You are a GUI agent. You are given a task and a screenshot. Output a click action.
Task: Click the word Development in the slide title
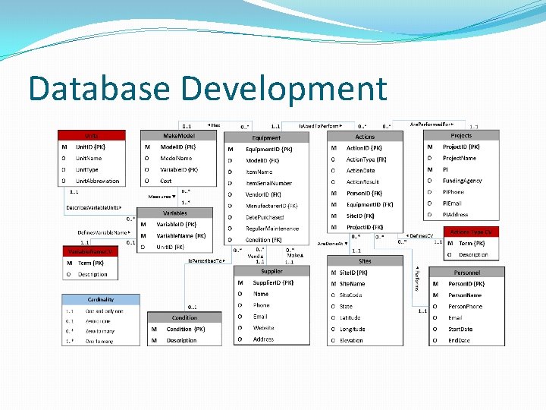[x=293, y=88]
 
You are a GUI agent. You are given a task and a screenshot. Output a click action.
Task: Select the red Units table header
[x=90, y=136]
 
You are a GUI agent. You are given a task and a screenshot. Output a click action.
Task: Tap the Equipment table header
[x=266, y=137]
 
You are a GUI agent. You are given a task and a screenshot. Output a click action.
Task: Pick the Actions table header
[x=365, y=137]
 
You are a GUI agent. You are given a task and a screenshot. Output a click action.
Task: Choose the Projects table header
[x=460, y=135]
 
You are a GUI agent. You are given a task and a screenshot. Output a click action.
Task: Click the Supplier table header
[x=271, y=271]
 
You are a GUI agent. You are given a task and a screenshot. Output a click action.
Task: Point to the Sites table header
[x=365, y=260]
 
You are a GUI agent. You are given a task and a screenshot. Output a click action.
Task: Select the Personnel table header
[x=467, y=272]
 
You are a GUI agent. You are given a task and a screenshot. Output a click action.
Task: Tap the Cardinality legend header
[x=101, y=300]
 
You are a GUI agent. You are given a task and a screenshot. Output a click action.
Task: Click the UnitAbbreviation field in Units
[x=97, y=181]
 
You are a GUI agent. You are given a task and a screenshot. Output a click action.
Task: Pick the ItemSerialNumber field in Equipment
[x=268, y=183]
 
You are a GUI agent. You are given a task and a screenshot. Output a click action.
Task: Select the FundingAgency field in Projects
[x=463, y=181]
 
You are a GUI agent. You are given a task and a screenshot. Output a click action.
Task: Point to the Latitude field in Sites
[x=350, y=317]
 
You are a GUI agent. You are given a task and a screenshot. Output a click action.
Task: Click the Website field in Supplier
[x=264, y=328]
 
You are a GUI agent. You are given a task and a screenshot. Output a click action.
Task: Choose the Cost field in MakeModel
[x=166, y=181]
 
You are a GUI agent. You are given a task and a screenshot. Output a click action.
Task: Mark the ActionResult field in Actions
[x=362, y=181]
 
